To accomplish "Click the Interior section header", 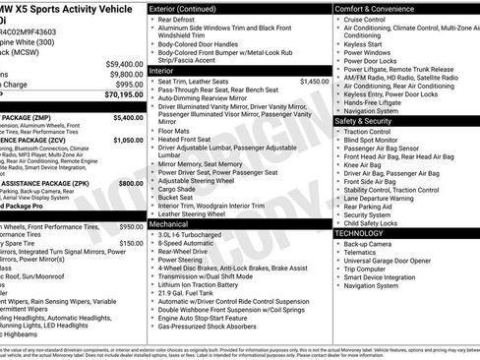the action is coord(167,70).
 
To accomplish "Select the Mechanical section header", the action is coord(175,224).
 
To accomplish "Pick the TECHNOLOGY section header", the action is coord(362,233).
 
